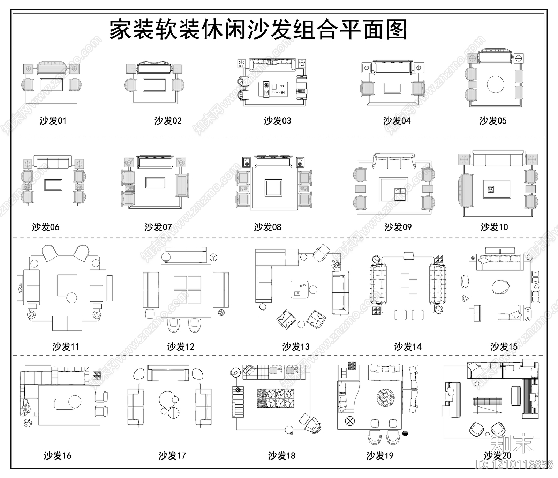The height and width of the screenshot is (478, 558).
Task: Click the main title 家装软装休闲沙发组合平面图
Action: (258, 30)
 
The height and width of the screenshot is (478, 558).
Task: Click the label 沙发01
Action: (53, 121)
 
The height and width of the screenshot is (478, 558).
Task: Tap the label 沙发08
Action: (267, 227)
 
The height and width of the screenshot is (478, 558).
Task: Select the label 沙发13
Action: (296, 346)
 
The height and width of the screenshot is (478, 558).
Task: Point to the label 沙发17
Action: (172, 455)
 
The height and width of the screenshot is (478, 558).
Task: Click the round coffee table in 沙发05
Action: (496, 84)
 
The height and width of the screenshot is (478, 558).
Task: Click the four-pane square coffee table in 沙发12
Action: (187, 290)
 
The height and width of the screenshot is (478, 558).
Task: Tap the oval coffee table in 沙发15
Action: (500, 287)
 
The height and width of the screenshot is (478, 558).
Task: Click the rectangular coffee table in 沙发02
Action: (154, 85)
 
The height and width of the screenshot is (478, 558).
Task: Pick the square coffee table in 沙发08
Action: (273, 188)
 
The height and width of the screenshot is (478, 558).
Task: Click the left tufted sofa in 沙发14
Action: (378, 284)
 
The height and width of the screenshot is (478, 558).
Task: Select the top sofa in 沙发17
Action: (168, 373)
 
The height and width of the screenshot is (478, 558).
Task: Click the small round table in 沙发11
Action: (72, 298)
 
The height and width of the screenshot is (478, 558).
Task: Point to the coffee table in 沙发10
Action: (497, 189)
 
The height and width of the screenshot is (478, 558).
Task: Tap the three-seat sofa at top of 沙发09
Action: (394, 161)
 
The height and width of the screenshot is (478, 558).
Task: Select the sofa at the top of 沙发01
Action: (52, 68)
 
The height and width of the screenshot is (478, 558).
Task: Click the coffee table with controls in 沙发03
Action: (272, 89)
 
